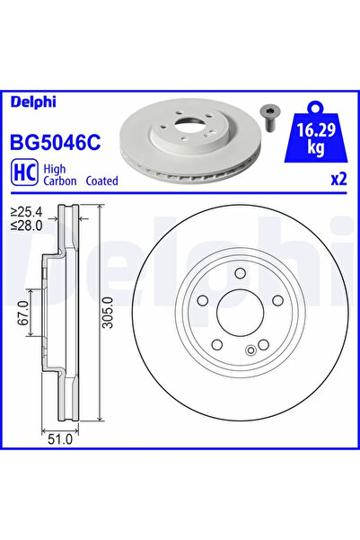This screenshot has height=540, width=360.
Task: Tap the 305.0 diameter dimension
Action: tap(106, 314)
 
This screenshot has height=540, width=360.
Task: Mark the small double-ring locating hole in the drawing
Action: tap(249, 350)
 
